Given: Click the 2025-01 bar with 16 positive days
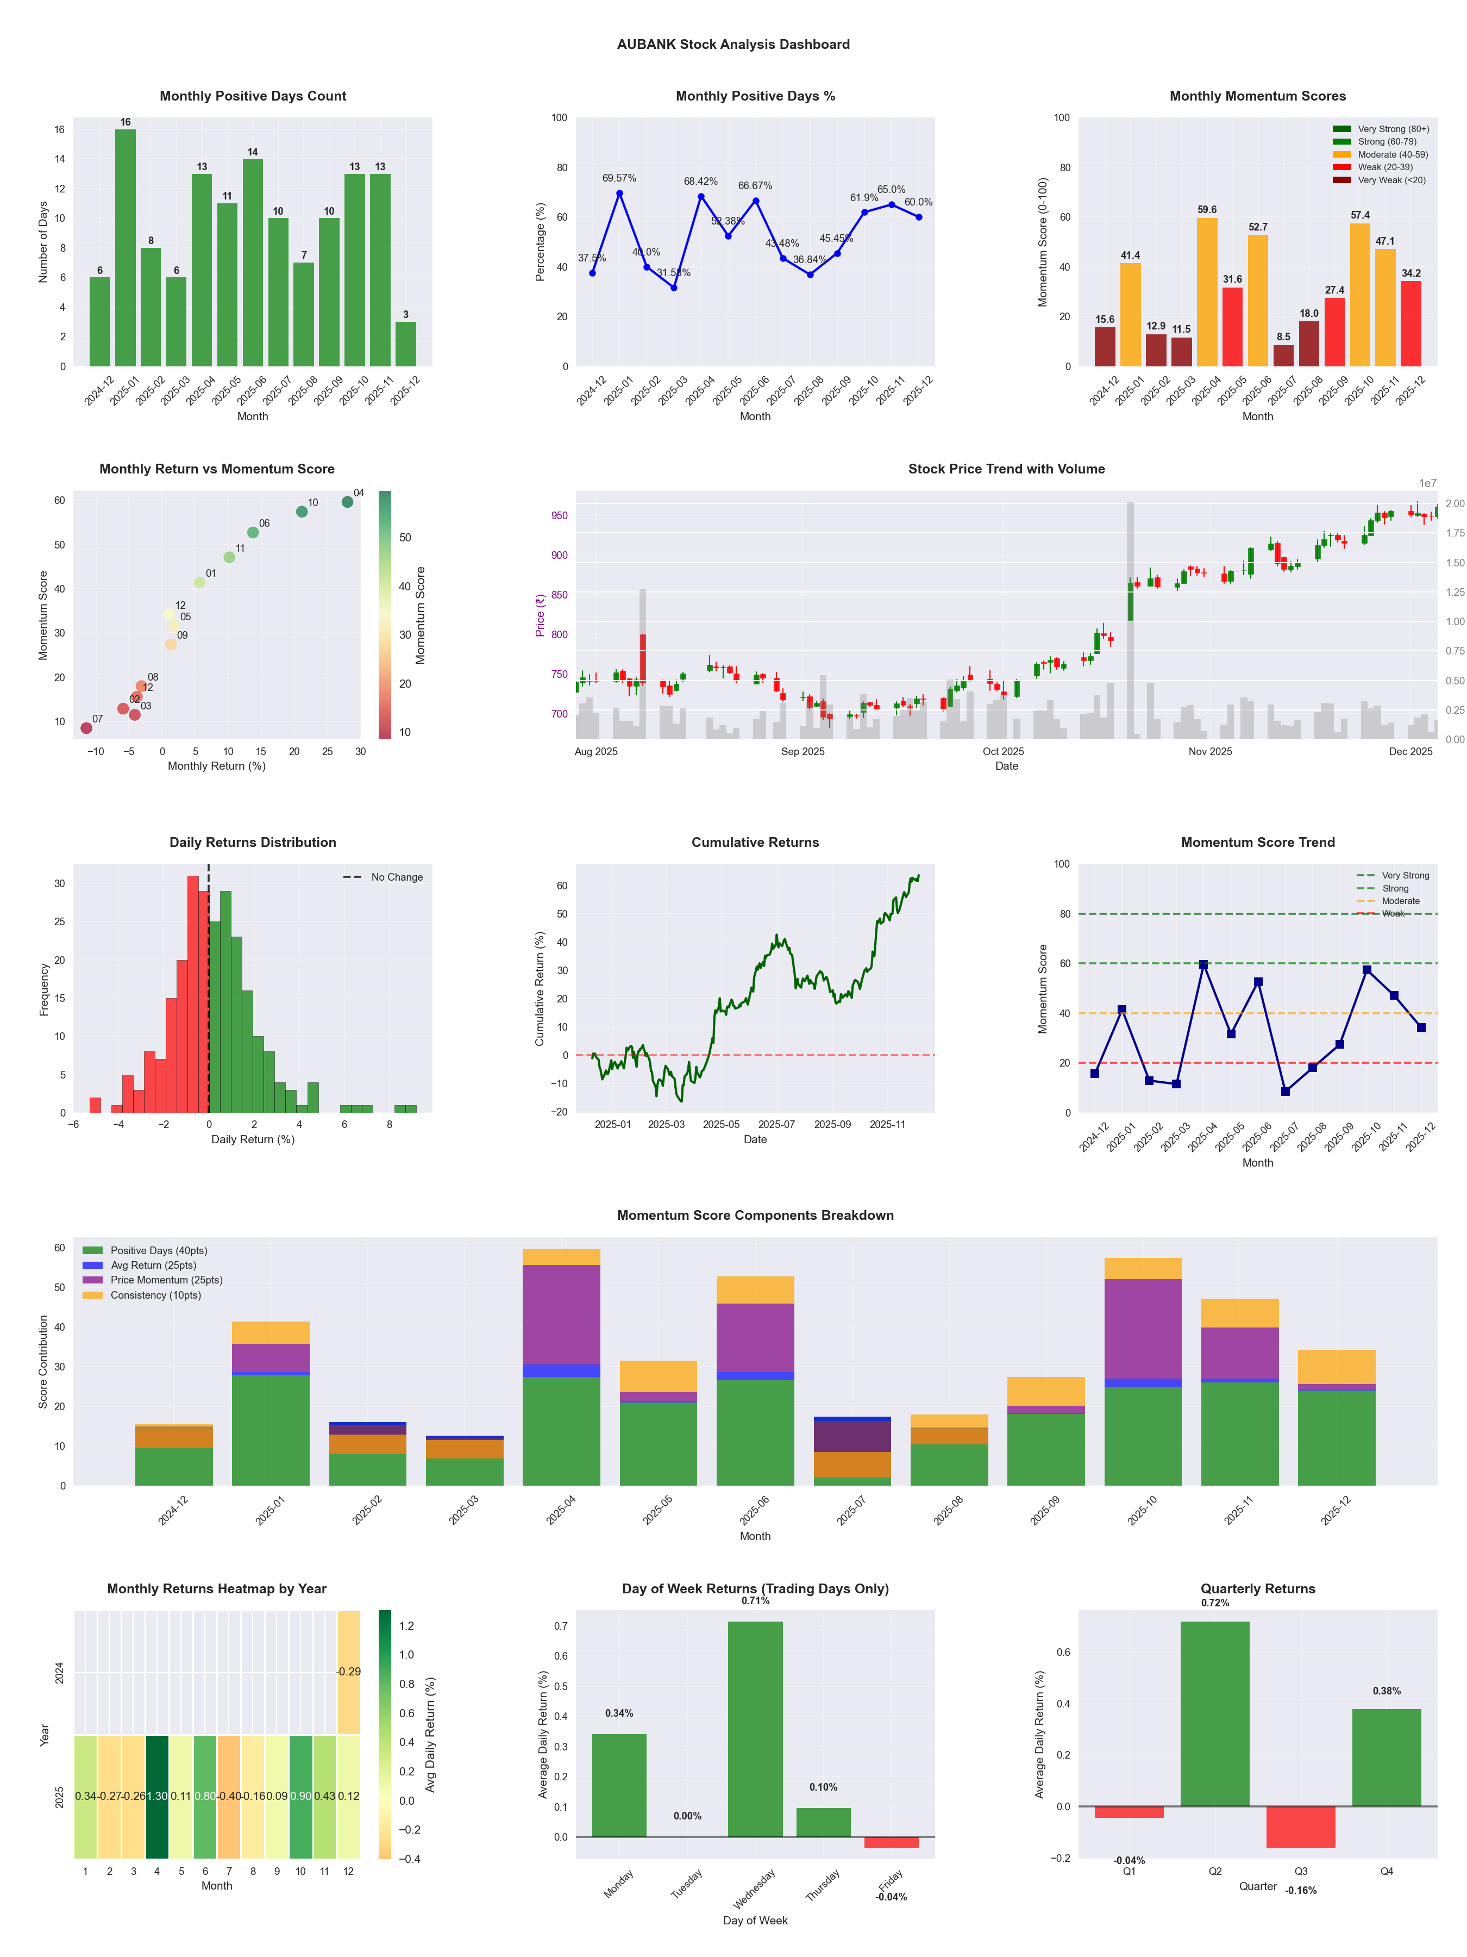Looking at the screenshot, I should click(x=126, y=248).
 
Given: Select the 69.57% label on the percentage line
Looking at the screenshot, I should click(x=619, y=178).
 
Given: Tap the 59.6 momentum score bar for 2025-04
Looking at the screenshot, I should click(x=1207, y=292).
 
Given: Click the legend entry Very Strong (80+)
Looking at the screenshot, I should click(x=1393, y=129).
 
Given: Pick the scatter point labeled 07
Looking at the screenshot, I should click(x=86, y=728).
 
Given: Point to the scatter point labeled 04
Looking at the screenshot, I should click(x=348, y=502).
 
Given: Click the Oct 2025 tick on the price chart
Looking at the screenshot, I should click(x=1003, y=751).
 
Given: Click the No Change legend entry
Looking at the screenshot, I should click(x=396, y=877).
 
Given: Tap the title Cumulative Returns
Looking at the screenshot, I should click(x=755, y=842).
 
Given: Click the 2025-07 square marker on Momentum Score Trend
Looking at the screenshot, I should click(x=1285, y=1092).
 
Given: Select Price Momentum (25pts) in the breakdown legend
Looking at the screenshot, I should click(x=166, y=1279).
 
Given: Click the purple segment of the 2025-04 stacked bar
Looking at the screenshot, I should click(x=561, y=1314).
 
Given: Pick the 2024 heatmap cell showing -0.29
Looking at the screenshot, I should click(x=348, y=1671).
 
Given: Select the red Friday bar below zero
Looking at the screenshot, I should click(x=892, y=1842).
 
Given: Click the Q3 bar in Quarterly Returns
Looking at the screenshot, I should click(x=1301, y=1826).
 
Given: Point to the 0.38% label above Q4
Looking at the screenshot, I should click(x=1387, y=1691).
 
